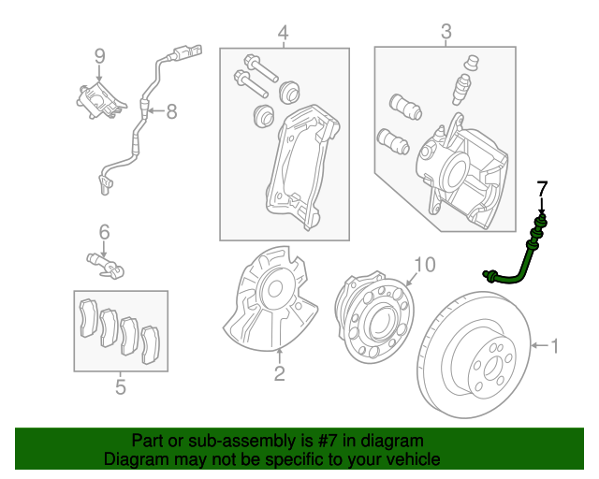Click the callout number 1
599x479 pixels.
pos(554,347)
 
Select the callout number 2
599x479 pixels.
pos(279,375)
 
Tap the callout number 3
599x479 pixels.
pos(446,35)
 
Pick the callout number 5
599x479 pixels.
pos(120,385)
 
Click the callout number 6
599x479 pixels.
pos(105,231)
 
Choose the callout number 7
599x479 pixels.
pos(540,190)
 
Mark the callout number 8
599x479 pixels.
pos(171,112)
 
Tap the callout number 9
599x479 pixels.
pos(100,58)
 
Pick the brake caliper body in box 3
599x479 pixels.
pos(459,173)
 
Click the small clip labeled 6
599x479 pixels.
pos(106,265)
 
